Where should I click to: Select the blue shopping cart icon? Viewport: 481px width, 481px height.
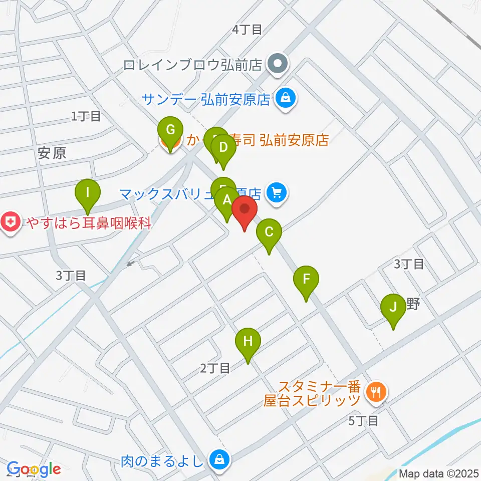(x=276, y=191)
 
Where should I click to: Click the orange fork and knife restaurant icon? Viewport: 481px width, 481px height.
(x=375, y=392)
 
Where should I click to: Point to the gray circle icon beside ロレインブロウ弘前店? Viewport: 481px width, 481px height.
(x=277, y=64)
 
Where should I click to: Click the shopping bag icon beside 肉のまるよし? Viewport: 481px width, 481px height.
(x=219, y=458)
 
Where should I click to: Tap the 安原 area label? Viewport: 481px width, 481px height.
(x=52, y=153)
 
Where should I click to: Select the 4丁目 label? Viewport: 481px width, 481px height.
(x=247, y=30)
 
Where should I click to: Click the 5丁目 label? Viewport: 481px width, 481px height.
(x=363, y=421)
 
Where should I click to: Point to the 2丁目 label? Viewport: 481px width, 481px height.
(x=215, y=369)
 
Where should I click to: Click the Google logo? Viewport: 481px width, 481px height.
(x=34, y=469)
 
